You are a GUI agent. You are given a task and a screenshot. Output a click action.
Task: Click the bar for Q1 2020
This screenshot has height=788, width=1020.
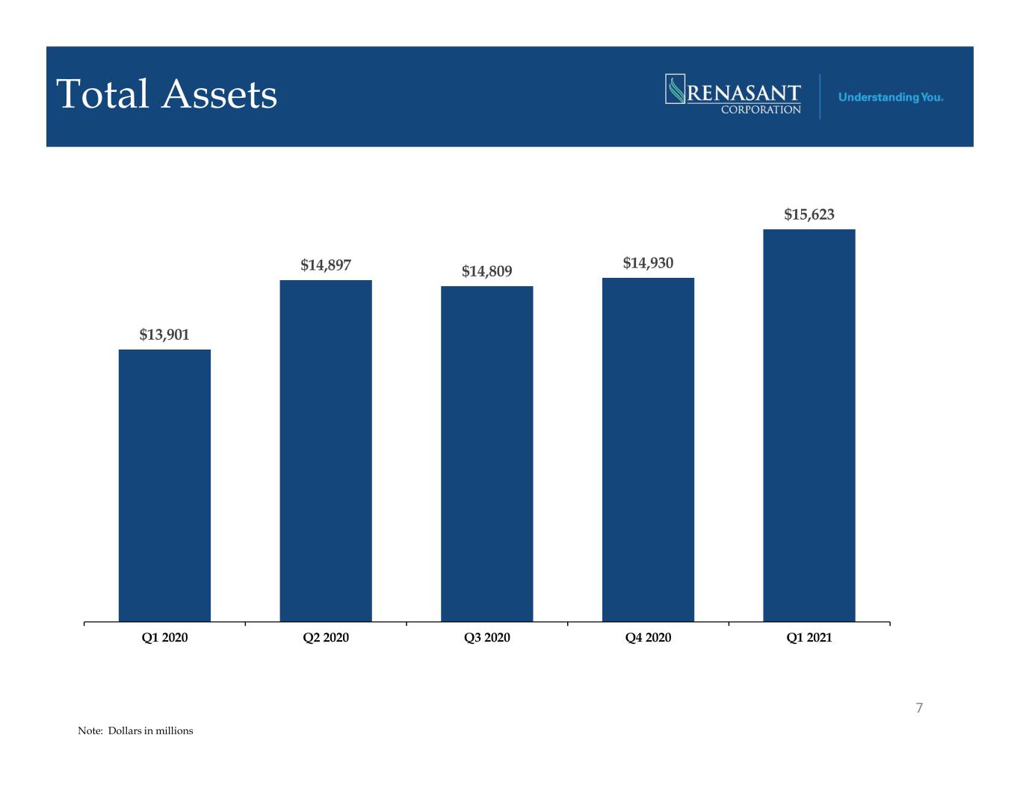coord(164,485)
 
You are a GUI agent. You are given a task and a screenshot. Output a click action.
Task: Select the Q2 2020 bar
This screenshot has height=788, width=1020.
coord(326,450)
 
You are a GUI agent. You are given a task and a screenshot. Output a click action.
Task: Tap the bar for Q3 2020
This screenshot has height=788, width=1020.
coord(486,453)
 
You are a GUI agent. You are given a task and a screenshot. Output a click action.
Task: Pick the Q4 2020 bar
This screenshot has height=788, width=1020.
coord(648,450)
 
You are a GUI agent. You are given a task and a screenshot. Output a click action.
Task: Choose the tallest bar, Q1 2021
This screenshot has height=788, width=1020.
coord(809,425)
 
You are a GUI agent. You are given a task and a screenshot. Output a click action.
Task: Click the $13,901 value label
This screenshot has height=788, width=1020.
coord(164,335)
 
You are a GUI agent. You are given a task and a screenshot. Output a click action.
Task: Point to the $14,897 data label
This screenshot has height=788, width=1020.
coord(326,265)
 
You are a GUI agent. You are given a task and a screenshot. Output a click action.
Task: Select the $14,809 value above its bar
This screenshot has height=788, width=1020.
coord(486,271)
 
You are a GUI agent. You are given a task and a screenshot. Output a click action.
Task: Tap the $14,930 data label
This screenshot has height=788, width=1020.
coord(648,263)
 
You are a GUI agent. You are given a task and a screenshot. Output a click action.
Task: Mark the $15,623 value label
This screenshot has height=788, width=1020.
coord(809,214)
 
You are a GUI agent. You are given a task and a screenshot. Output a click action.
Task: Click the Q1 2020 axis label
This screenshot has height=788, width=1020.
coord(164,637)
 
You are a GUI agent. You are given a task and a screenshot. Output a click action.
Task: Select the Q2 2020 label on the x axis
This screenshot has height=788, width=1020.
coord(326,637)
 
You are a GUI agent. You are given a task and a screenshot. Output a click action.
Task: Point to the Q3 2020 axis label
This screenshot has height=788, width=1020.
coord(486,637)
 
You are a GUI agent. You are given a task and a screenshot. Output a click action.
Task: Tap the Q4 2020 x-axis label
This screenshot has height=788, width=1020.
coord(648,637)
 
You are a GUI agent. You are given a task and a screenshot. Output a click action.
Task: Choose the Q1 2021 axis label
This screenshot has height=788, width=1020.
coord(809,637)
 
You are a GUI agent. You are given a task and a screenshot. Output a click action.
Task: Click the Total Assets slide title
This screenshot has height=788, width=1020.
coord(167,94)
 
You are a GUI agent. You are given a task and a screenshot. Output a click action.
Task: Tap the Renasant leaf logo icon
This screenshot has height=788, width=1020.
coord(675,89)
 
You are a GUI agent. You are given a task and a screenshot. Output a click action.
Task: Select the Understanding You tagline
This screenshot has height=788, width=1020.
coord(891,97)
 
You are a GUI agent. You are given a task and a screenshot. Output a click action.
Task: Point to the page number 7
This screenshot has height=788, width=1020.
coord(919,708)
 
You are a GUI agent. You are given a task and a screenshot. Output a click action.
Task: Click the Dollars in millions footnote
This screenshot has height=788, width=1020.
coord(135,730)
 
